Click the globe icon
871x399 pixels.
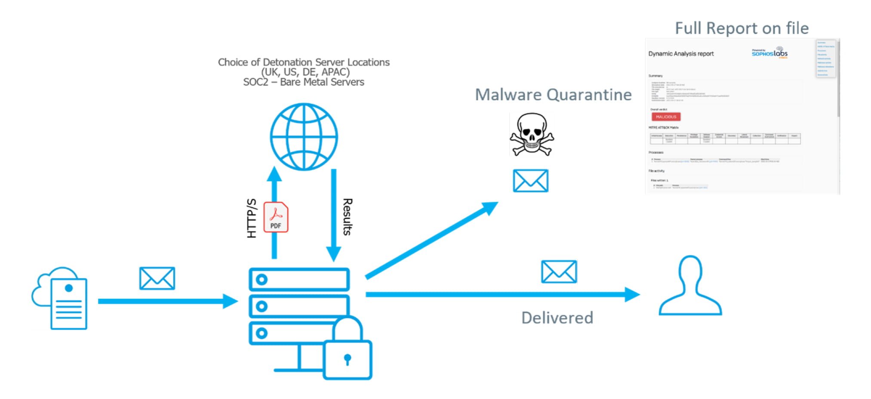click(304, 136)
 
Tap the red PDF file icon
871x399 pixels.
click(276, 217)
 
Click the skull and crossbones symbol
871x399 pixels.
click(532, 135)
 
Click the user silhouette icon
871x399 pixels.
click(690, 286)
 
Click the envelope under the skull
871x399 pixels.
click(530, 181)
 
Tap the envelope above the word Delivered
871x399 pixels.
click(559, 272)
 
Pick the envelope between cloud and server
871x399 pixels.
click(157, 278)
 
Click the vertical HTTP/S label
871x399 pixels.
click(252, 218)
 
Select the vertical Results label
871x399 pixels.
click(347, 217)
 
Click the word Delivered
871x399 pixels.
click(557, 318)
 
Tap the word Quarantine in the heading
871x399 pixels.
click(589, 95)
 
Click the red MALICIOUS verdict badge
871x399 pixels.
click(666, 117)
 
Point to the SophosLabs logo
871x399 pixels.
click(769, 53)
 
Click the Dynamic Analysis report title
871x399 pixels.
click(681, 54)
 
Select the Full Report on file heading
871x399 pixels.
click(742, 28)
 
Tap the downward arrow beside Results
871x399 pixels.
click(333, 215)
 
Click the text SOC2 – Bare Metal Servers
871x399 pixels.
click(304, 82)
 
